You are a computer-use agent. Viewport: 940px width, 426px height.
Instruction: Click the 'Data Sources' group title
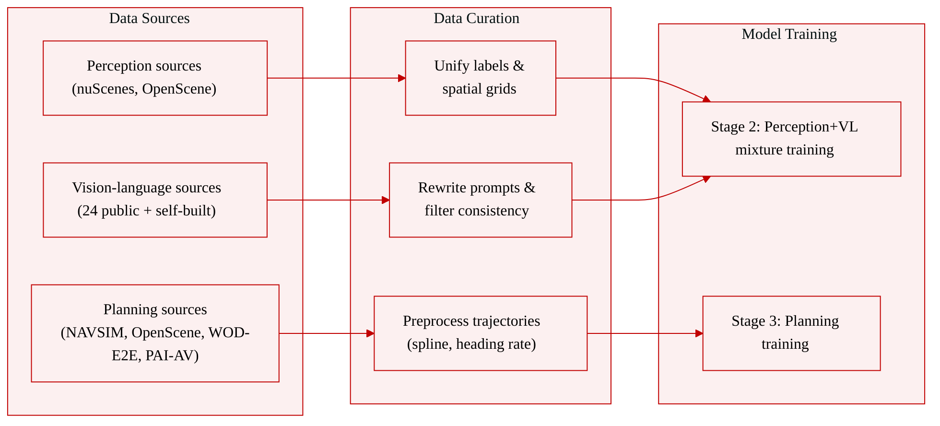tap(149, 18)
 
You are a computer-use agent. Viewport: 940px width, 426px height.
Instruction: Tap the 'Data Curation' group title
tap(476, 18)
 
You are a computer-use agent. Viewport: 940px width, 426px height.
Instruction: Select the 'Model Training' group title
tap(789, 34)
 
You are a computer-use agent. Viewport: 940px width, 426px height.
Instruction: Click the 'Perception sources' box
tap(155, 78)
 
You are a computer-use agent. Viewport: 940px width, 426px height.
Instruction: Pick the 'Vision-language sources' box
tap(155, 200)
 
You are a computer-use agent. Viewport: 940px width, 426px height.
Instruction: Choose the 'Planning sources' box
tap(155, 333)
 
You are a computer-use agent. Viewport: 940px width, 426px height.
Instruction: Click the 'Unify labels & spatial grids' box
tap(481, 78)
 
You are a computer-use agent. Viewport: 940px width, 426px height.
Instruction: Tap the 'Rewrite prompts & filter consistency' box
tap(481, 200)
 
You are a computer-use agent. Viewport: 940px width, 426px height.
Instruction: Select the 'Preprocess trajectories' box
tap(481, 333)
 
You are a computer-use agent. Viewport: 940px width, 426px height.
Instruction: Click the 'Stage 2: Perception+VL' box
tap(791, 139)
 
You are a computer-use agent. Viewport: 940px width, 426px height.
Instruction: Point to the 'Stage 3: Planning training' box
tap(791, 333)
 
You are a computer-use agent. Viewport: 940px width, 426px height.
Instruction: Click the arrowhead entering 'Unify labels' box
tap(402, 78)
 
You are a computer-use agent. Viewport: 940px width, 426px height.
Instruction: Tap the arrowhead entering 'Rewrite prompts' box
tap(386, 200)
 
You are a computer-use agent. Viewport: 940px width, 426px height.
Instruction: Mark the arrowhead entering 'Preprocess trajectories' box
tap(370, 333)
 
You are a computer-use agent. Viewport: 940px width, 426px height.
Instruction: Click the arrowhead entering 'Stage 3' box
tap(699, 333)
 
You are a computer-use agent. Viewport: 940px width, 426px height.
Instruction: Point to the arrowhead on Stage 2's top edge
tap(706, 99)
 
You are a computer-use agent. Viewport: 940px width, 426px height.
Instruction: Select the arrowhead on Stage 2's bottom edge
tap(706, 179)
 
